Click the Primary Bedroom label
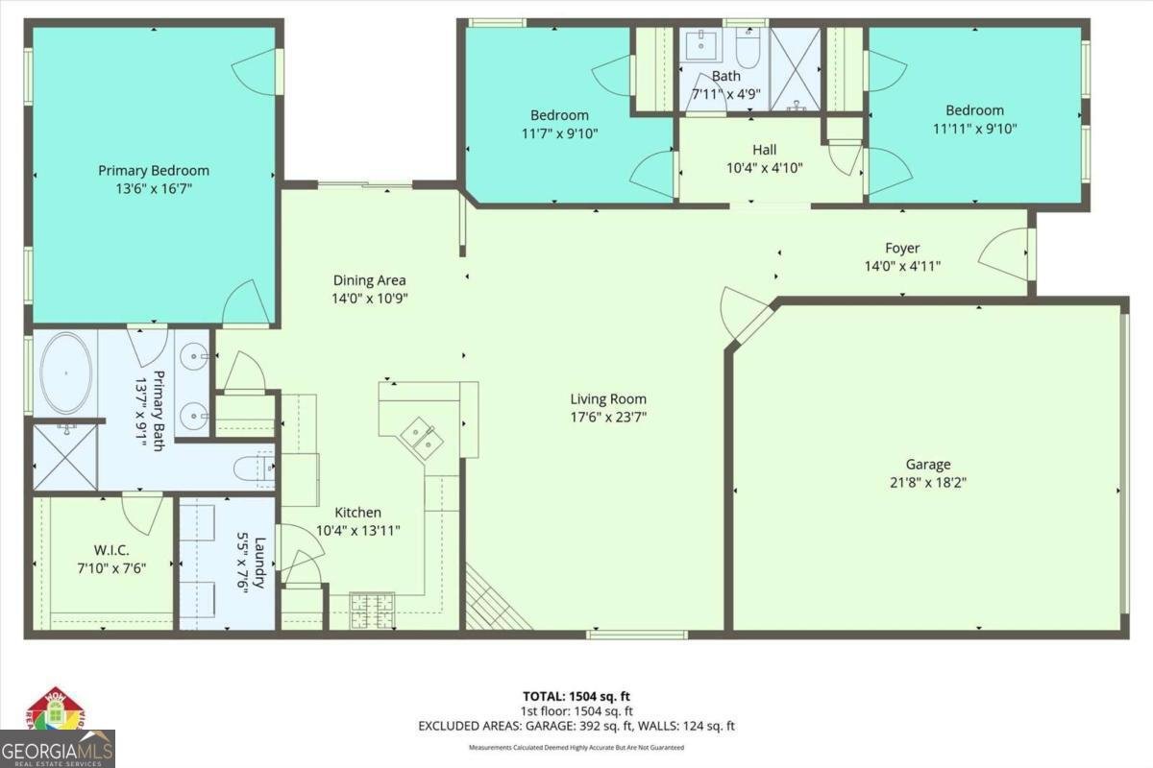[154, 171]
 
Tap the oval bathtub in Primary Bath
[66, 372]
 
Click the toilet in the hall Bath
[748, 45]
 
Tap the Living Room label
[608, 399]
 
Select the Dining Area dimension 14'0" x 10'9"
[369, 299]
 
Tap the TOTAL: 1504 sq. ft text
[576, 696]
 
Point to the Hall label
[764, 150]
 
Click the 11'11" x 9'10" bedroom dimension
[974, 128]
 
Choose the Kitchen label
[357, 513]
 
